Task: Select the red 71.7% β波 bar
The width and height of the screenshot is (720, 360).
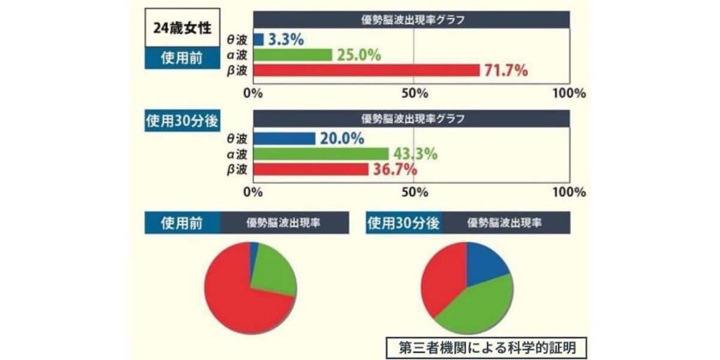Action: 366,70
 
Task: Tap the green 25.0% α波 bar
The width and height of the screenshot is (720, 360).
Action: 292,55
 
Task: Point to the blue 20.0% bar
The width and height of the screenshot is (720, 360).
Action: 284,139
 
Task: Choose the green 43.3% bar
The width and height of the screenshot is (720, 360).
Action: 321,153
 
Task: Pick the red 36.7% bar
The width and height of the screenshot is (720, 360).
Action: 311,169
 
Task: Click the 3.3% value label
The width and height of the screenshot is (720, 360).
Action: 286,39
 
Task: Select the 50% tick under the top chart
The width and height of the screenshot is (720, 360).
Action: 414,93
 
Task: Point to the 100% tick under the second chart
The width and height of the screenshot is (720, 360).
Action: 569,192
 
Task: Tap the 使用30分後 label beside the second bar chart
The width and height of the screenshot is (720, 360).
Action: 181,120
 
